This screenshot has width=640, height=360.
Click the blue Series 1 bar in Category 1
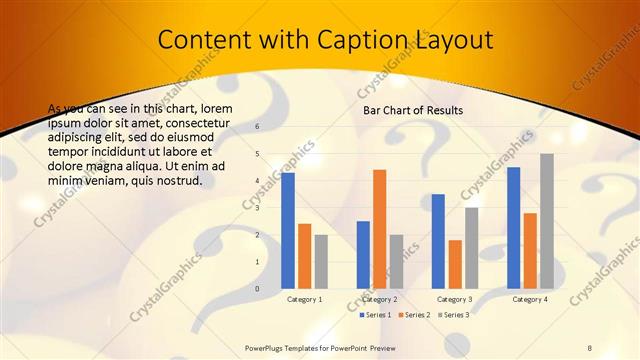[x=288, y=230]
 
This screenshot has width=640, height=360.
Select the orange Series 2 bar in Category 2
[x=379, y=228]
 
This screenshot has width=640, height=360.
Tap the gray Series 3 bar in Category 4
[x=547, y=221]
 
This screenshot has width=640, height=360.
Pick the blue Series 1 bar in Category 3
[x=438, y=241]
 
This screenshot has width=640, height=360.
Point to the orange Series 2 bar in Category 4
[x=530, y=250]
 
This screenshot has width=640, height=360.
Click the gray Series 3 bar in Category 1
[x=321, y=261]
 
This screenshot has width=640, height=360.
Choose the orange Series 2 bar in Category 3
[x=455, y=264]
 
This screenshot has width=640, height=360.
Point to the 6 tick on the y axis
[x=257, y=127]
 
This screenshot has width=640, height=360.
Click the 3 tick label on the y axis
[x=257, y=208]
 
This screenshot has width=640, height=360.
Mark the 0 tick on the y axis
[x=257, y=289]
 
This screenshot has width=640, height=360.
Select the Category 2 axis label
[x=379, y=299]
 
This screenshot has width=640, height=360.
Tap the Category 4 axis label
[x=529, y=299]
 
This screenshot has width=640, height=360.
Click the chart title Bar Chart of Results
[x=413, y=110]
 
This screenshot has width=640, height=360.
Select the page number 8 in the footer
[x=589, y=347]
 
